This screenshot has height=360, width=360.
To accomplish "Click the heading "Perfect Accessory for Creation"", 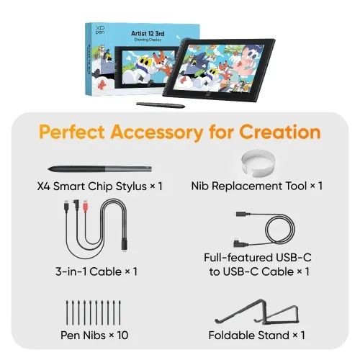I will (x=179, y=132).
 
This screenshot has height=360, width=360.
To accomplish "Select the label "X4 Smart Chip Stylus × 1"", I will (x=99, y=186).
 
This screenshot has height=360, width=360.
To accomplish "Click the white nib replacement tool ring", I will (x=257, y=162).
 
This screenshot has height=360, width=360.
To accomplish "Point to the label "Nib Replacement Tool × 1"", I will (x=257, y=186).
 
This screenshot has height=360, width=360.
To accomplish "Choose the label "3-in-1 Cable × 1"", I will (x=96, y=271).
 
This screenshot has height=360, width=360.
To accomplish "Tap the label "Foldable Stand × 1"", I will (x=257, y=335).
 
